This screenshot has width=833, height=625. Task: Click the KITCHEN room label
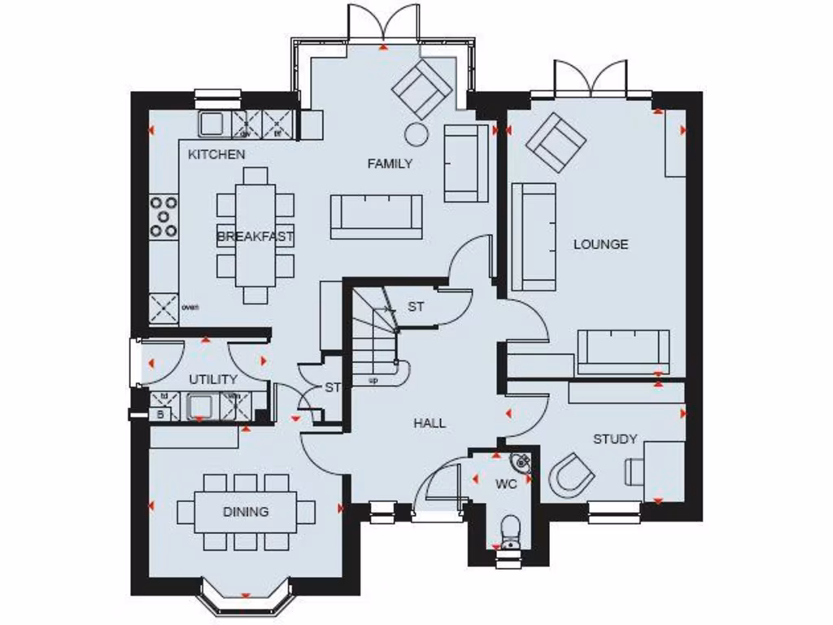[216, 154]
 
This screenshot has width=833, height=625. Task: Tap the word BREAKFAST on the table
[255, 237]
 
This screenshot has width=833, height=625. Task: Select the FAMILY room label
[390, 164]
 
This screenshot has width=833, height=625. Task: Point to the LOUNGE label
[601, 243]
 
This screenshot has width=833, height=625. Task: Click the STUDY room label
[614, 439]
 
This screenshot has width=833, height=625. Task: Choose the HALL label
[429, 423]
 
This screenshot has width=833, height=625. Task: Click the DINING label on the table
[246, 512]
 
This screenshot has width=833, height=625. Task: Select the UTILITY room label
[213, 379]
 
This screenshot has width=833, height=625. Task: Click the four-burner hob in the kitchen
[164, 217]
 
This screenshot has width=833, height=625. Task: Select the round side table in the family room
[417, 134]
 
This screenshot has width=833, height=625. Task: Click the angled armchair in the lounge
[556, 142]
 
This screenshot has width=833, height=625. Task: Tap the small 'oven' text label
[190, 307]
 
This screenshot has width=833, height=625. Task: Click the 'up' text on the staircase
[373, 379]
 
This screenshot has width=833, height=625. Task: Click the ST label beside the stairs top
[416, 307]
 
